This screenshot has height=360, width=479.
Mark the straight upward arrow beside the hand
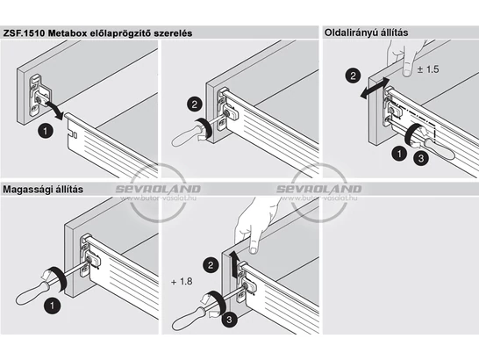[234, 263]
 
